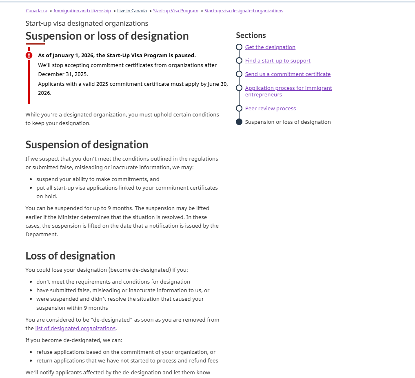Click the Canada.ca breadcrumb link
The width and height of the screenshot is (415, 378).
(36, 11)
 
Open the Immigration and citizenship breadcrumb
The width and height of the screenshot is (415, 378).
(82, 11)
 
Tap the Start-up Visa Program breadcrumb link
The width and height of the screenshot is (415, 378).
(175, 11)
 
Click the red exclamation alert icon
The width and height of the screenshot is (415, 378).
(29, 55)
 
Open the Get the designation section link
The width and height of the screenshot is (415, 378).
(270, 47)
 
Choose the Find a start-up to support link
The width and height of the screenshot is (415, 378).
(277, 61)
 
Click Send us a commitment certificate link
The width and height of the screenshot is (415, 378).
(288, 74)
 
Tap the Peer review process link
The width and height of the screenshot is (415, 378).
(270, 109)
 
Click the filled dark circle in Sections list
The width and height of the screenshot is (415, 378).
(239, 122)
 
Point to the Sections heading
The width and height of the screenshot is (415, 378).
(251, 36)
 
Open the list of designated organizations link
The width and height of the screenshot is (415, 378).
(75, 329)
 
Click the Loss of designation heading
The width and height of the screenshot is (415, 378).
(70, 256)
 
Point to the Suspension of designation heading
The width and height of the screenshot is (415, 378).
(87, 145)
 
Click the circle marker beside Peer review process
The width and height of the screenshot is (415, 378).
(239, 108)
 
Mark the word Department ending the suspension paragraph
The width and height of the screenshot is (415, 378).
(41, 235)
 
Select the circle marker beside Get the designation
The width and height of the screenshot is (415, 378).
(239, 47)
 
